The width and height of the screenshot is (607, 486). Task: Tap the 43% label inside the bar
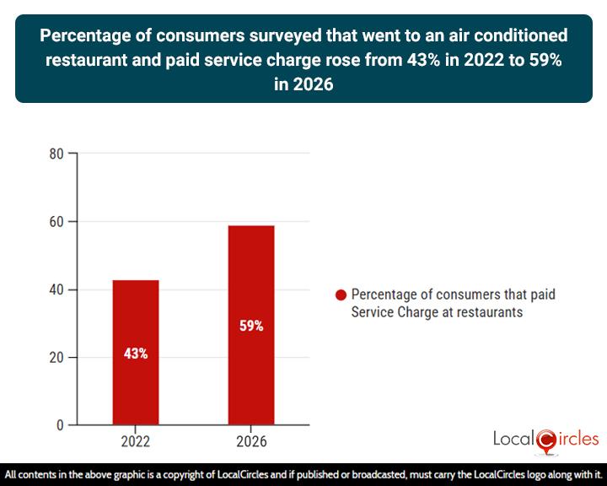coord(136,354)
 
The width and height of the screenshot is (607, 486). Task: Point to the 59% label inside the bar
coord(251,326)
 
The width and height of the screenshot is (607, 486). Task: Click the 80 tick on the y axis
coord(56,154)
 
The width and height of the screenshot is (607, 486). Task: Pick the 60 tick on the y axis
coord(56,222)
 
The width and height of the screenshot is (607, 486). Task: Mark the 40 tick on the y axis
coord(56,289)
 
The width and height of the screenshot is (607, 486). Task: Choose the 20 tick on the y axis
coord(56,358)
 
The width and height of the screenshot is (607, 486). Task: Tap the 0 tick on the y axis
coord(60,425)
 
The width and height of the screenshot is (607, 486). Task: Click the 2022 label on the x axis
coord(136,441)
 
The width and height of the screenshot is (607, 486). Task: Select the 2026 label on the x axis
coord(251,441)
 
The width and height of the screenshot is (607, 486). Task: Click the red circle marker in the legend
coord(341,295)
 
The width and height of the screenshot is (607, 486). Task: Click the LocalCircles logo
coord(545,439)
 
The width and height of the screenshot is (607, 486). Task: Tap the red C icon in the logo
coord(545,440)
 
